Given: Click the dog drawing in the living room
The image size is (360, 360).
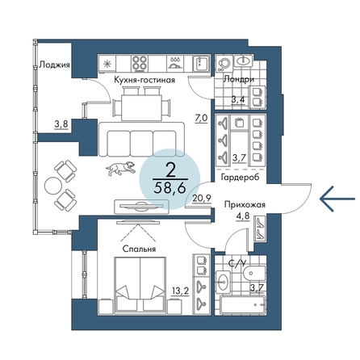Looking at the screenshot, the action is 120,168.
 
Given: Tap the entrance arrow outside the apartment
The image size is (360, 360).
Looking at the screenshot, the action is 337,199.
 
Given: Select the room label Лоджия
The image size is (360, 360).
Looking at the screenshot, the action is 55,65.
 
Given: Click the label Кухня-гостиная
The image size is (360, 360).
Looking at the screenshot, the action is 144,80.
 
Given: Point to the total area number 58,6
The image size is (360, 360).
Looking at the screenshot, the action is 170,188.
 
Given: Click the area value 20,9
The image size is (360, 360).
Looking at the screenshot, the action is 202,198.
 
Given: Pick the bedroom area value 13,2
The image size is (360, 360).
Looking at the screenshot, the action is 180,291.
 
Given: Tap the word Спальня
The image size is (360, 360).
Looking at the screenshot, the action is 139,249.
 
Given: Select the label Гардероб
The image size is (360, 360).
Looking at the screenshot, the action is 240,178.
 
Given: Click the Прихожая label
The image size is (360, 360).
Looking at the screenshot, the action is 245,205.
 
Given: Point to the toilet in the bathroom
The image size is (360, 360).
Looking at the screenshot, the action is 253,274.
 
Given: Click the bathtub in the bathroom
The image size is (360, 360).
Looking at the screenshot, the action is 243,304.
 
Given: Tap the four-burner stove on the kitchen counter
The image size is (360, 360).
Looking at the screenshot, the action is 140,64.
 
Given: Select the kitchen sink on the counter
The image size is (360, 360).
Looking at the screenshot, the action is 201,64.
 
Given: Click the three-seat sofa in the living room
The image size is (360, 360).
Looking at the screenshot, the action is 141,140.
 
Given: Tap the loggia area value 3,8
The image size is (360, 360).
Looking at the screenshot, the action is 61,124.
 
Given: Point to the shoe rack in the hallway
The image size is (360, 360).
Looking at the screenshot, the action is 260,228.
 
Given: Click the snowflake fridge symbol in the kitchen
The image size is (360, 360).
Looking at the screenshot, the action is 107,64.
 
